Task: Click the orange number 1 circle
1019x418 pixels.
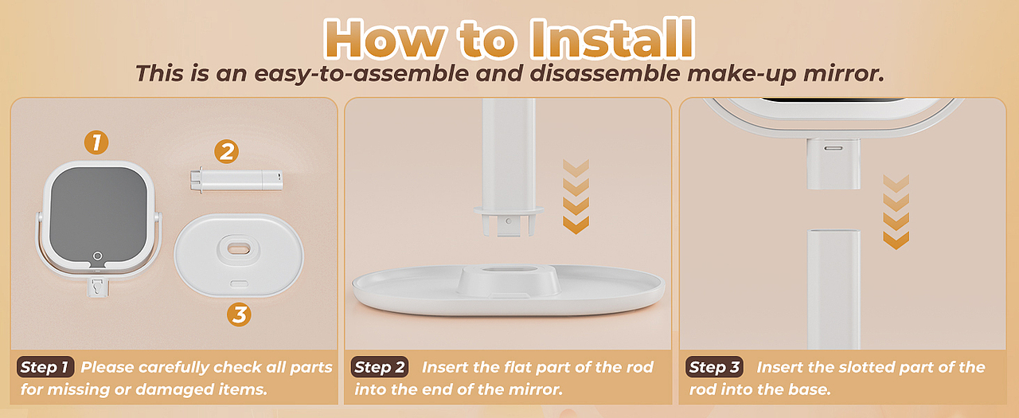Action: tap(96, 143)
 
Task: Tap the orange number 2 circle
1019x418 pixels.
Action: tap(227, 151)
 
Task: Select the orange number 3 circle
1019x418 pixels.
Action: tap(240, 314)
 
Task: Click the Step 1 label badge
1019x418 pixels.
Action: tap(45, 367)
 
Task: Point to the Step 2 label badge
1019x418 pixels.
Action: tap(380, 367)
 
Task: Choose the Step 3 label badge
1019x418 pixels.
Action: tap(714, 367)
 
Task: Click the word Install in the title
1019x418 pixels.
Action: tap(612, 39)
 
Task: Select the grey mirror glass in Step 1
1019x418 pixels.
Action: tap(99, 213)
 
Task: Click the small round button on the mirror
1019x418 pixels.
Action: tap(98, 256)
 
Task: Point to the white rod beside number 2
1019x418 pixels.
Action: tap(236, 180)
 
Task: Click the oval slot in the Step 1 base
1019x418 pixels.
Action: tap(239, 248)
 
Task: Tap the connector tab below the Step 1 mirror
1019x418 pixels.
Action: tap(98, 287)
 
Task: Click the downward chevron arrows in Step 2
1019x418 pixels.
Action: tap(576, 197)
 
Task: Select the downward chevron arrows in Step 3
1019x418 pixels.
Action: tap(896, 212)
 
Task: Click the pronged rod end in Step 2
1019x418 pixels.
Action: tap(509, 221)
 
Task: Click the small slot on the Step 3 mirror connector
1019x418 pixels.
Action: tap(834, 148)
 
